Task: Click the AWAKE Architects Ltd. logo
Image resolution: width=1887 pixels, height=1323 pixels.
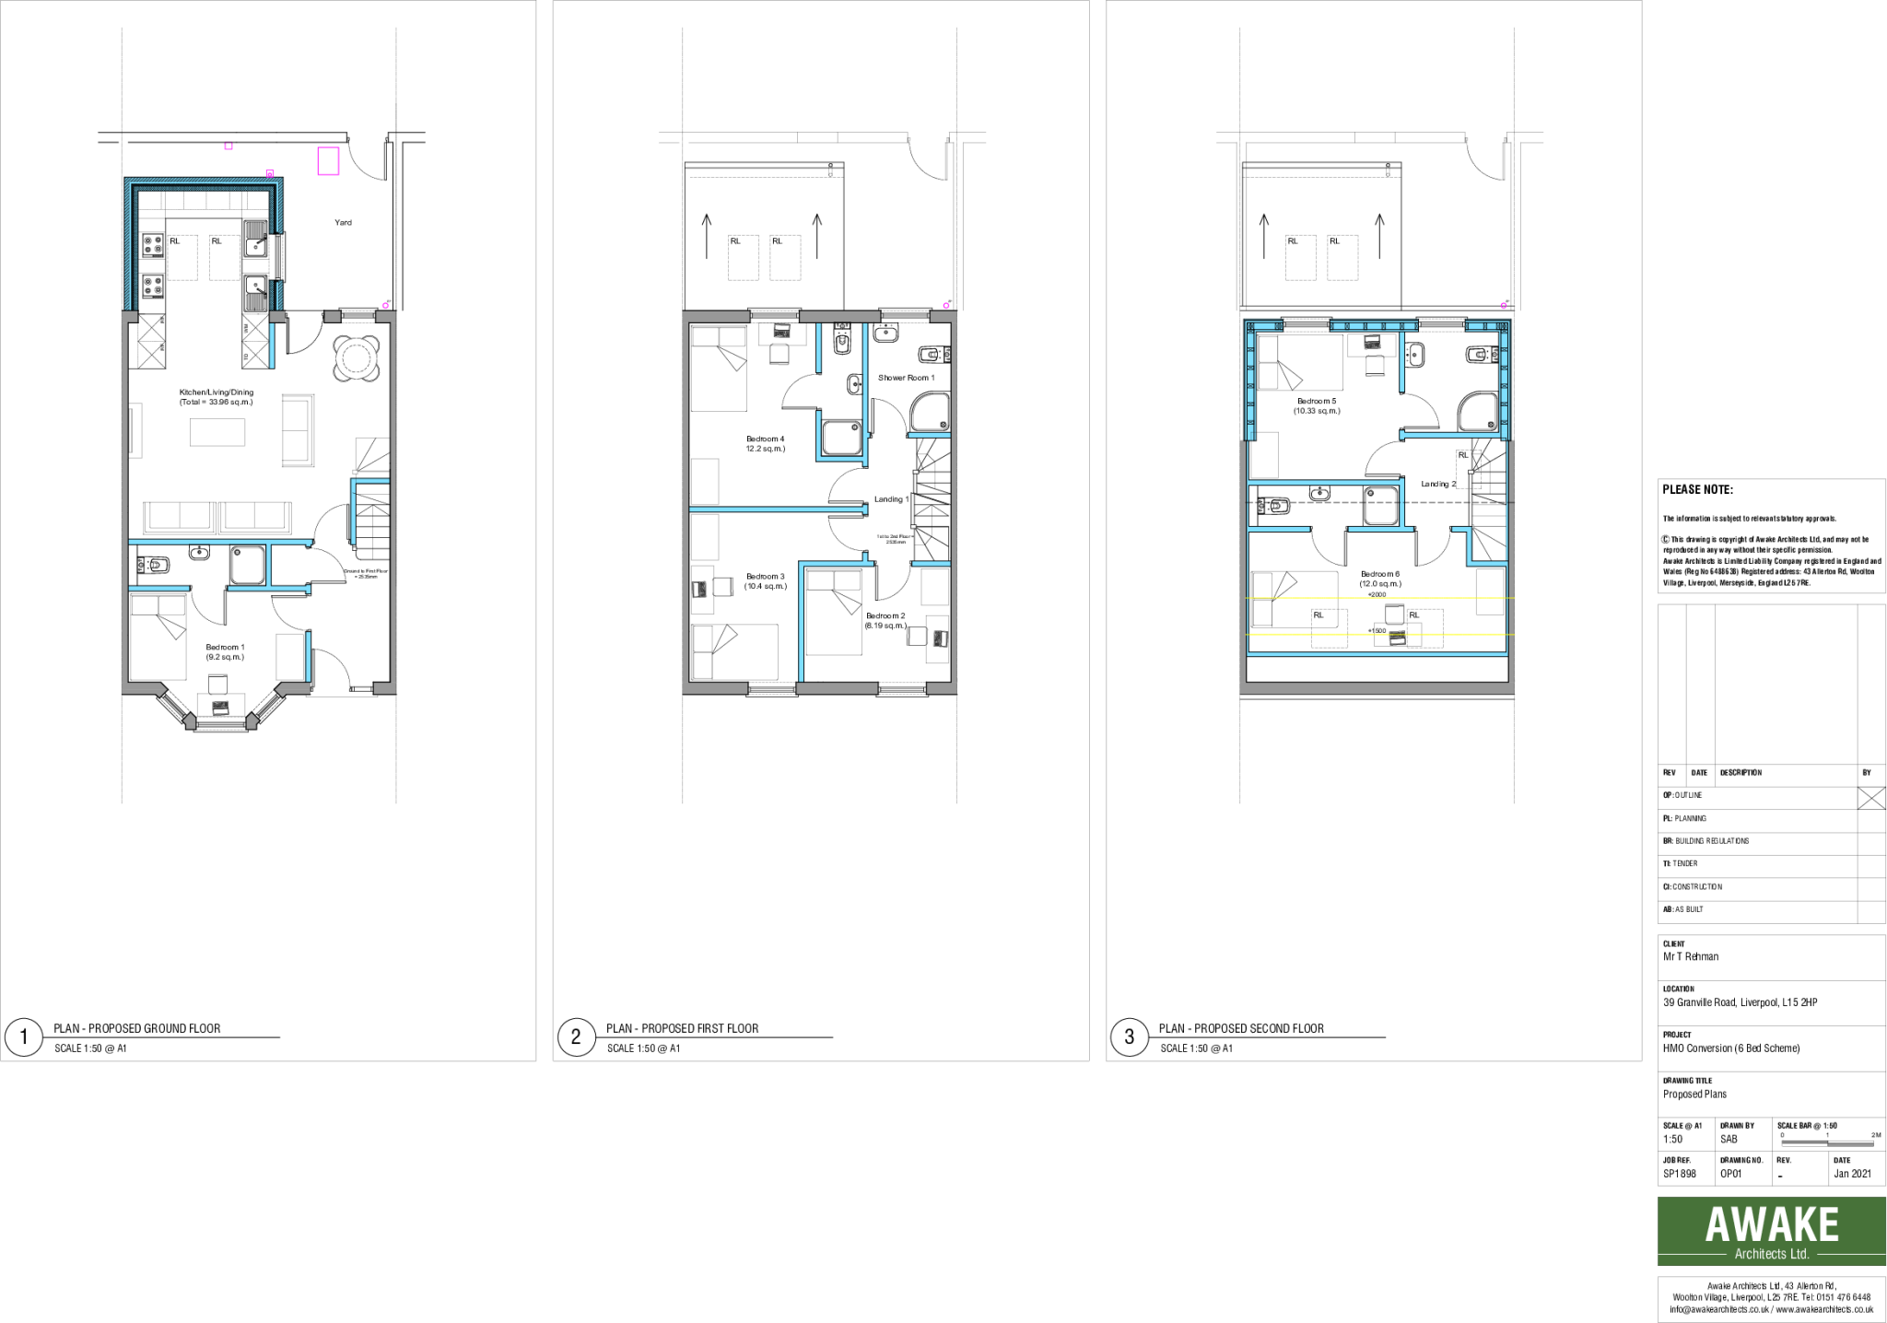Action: [1771, 1231]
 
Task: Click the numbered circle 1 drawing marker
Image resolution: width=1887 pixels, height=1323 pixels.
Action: [24, 1037]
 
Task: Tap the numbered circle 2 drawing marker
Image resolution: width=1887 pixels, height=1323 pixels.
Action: [576, 1037]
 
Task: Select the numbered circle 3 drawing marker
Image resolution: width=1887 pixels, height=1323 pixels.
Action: [1130, 1037]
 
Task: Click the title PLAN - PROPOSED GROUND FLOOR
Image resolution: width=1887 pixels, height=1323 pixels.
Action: [137, 1028]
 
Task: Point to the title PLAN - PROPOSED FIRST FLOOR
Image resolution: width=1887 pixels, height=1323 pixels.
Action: [683, 1028]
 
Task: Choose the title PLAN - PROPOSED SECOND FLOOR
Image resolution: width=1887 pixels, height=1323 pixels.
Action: [1241, 1028]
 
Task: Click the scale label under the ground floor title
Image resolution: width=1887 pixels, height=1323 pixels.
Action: [90, 1048]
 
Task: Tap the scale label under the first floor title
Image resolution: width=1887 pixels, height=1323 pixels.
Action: [643, 1048]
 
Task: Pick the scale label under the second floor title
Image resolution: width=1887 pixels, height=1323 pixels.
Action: [1196, 1048]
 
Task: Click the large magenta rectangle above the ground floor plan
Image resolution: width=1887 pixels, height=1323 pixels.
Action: [328, 160]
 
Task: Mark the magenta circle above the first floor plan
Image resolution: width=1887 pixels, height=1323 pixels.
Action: [946, 306]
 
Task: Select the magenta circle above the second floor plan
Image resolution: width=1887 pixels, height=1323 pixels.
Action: [1504, 306]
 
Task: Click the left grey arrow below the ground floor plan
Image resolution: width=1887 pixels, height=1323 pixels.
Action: [190, 721]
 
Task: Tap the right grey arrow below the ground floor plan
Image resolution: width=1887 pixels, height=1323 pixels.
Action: [252, 721]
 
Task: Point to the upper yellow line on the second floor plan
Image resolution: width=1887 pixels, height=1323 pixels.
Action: [1378, 598]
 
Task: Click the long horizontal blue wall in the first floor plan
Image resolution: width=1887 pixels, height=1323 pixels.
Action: [778, 509]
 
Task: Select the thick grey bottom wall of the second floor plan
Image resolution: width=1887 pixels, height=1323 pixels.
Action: [1377, 688]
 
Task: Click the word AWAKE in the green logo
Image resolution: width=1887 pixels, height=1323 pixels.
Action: [1771, 1224]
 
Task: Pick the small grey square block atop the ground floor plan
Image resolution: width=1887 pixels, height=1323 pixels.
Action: [333, 317]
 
